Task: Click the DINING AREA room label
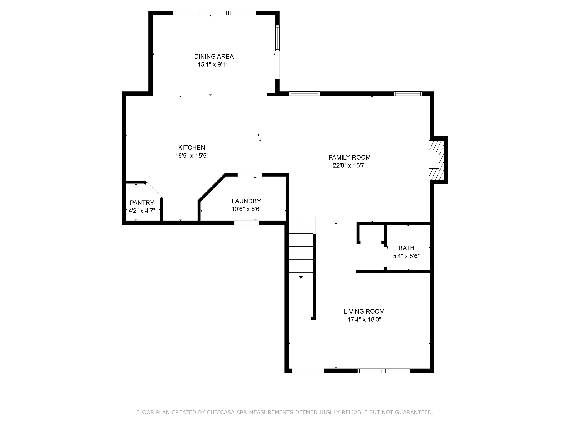click(x=214, y=56)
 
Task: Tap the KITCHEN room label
click(x=191, y=147)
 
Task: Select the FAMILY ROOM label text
click(x=350, y=157)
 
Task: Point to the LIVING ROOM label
click(x=364, y=311)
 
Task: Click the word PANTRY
click(x=142, y=203)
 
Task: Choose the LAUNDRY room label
click(x=246, y=201)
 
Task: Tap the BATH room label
click(x=406, y=248)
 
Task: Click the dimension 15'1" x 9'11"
click(x=214, y=64)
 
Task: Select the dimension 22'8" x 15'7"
click(x=350, y=165)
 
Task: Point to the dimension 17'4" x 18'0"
click(x=364, y=319)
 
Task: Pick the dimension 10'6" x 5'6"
click(x=246, y=209)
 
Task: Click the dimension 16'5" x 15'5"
click(x=192, y=155)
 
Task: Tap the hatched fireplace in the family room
click(x=436, y=160)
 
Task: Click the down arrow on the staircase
click(x=301, y=277)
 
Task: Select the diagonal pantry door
click(x=153, y=190)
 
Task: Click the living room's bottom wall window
click(x=384, y=370)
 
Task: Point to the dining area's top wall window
click(x=214, y=13)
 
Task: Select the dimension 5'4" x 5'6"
click(x=406, y=256)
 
